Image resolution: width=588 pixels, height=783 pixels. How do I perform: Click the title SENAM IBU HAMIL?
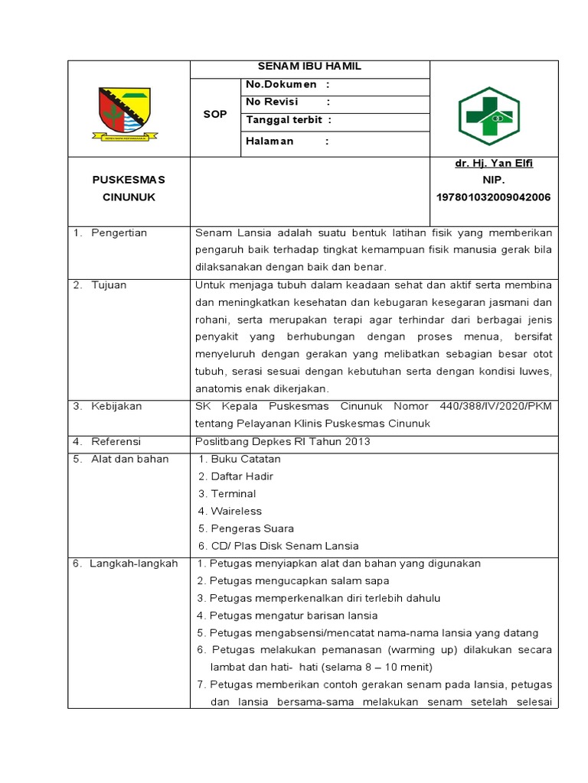[x=310, y=67]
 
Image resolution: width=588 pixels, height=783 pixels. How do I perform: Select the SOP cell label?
[x=215, y=114]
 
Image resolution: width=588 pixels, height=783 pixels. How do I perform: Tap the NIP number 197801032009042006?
[x=493, y=197]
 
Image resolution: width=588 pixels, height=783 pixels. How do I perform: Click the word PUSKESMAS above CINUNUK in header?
[x=129, y=180]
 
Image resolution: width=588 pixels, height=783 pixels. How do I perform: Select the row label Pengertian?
[x=119, y=232]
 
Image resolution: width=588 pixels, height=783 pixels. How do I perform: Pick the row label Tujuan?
[x=109, y=284]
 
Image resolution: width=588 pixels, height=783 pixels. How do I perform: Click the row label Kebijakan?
[x=116, y=406]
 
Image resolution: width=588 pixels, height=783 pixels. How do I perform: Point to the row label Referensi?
[x=116, y=441]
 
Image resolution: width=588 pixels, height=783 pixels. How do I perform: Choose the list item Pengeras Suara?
[x=251, y=528]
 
